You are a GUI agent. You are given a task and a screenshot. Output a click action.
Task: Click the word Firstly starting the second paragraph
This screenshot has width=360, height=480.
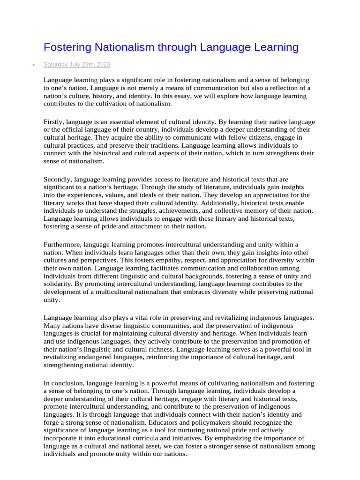coord(54,122)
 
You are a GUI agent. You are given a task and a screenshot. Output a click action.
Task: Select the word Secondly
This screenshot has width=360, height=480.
coord(58,179)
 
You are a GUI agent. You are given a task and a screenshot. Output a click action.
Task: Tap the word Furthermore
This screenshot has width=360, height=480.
coord(62,245)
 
